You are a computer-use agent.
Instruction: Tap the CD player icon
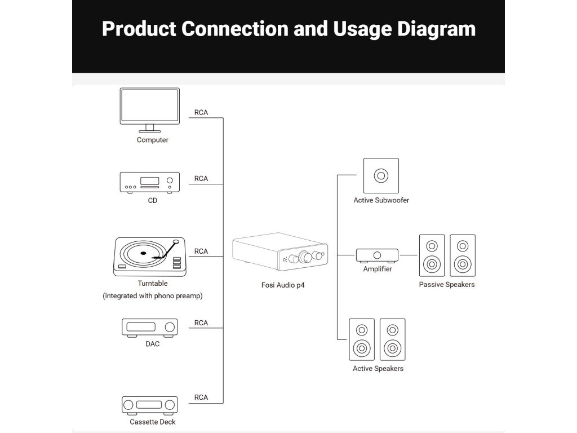tap(150, 182)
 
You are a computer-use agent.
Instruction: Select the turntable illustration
tap(150, 257)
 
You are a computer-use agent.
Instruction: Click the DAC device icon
tap(150, 328)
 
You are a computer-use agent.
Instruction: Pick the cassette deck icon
tap(150, 405)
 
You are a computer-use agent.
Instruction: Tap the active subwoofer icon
tap(381, 175)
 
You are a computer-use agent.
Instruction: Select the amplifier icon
tap(377, 255)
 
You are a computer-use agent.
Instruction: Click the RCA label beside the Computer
tap(201, 112)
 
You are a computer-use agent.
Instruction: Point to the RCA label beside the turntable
tap(201, 251)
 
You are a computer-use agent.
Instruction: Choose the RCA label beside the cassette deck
tap(201, 397)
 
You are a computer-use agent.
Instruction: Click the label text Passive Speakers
tap(447, 284)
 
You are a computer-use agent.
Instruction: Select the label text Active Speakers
tap(378, 368)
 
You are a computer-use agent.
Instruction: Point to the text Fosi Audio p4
tap(280, 285)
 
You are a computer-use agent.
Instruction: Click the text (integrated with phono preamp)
tap(153, 295)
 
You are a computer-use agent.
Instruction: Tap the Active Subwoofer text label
tap(381, 200)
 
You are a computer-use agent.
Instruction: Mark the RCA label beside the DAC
tap(201, 322)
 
